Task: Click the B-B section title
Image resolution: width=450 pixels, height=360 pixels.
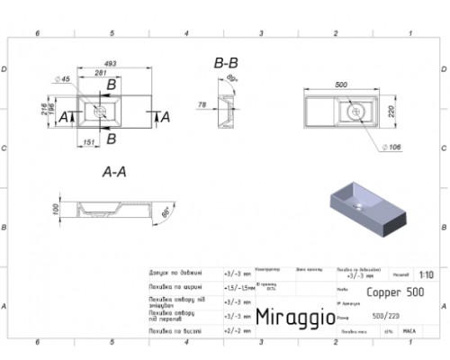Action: (226, 64)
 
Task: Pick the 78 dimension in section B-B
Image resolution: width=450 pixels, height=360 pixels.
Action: (202, 105)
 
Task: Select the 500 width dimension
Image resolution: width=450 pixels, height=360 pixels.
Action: (341, 85)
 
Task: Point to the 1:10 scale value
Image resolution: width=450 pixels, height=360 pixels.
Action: (425, 276)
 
